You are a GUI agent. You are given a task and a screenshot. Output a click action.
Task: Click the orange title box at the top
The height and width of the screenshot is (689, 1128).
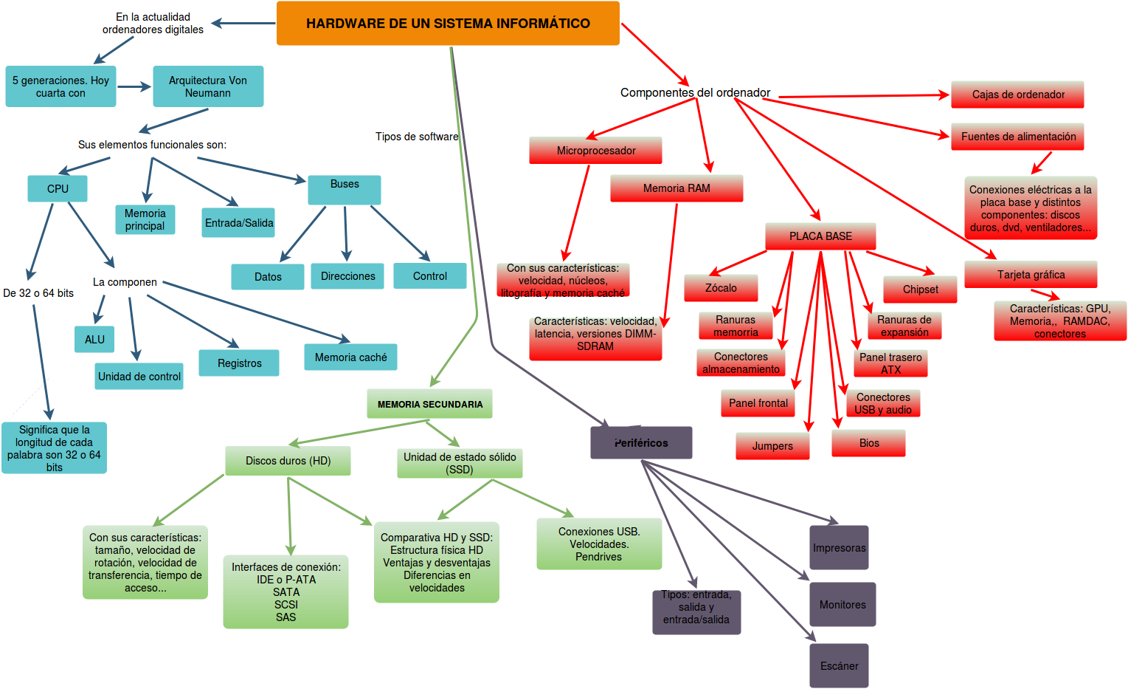tap(448, 24)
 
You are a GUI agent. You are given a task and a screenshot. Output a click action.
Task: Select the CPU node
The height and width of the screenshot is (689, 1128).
tap(58, 189)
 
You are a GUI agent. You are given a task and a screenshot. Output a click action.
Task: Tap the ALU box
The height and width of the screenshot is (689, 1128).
tap(94, 340)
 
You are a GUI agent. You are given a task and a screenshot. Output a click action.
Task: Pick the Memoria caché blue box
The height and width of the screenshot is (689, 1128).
tap(350, 357)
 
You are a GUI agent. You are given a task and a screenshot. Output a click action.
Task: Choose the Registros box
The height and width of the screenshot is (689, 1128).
tap(239, 363)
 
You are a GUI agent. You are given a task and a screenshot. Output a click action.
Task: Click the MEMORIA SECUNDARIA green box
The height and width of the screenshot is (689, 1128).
tap(430, 404)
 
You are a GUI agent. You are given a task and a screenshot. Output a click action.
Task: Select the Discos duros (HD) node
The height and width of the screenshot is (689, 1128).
tap(288, 461)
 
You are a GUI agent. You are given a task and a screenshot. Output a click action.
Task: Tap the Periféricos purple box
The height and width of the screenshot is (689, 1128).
tap(641, 443)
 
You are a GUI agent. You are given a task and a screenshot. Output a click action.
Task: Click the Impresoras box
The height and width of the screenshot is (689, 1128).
tap(839, 548)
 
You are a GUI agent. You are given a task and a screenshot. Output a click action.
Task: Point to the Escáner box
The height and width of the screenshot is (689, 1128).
tap(839, 666)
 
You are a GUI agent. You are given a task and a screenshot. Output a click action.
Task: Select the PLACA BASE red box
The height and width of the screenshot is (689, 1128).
tap(820, 236)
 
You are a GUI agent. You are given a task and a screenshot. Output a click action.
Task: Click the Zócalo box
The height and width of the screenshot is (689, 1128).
tap(721, 288)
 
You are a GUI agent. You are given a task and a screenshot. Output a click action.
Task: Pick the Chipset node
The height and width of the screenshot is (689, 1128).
tap(920, 289)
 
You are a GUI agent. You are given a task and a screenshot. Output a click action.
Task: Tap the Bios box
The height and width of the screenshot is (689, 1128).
tap(868, 443)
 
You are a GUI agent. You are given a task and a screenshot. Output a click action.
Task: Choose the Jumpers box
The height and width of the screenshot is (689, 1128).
tap(772, 446)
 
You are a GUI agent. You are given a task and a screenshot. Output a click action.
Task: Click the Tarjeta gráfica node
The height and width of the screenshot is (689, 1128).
tap(1031, 275)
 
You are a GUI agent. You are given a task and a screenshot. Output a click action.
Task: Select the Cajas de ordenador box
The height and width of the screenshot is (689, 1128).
tap(1017, 95)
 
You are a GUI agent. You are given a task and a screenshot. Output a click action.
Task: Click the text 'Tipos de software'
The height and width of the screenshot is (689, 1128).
tap(417, 137)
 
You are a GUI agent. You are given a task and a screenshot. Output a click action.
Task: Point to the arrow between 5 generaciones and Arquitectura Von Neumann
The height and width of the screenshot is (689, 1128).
tap(134, 86)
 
